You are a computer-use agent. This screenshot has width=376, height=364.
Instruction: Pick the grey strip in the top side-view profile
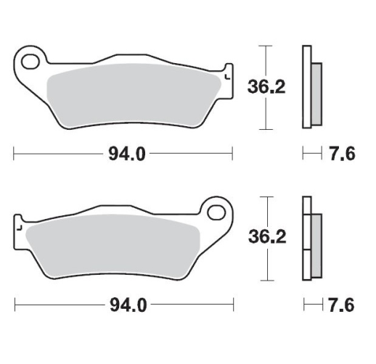pyautogui.click(x=317, y=92)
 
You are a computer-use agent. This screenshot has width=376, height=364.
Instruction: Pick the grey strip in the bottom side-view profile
pyautogui.click(x=317, y=243)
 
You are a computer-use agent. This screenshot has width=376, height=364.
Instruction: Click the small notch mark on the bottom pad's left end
pyautogui.click(x=20, y=228)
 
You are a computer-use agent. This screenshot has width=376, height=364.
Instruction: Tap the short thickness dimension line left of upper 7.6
pyautogui.click(x=311, y=154)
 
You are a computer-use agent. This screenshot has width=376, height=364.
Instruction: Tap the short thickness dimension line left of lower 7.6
pyautogui.click(x=311, y=305)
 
